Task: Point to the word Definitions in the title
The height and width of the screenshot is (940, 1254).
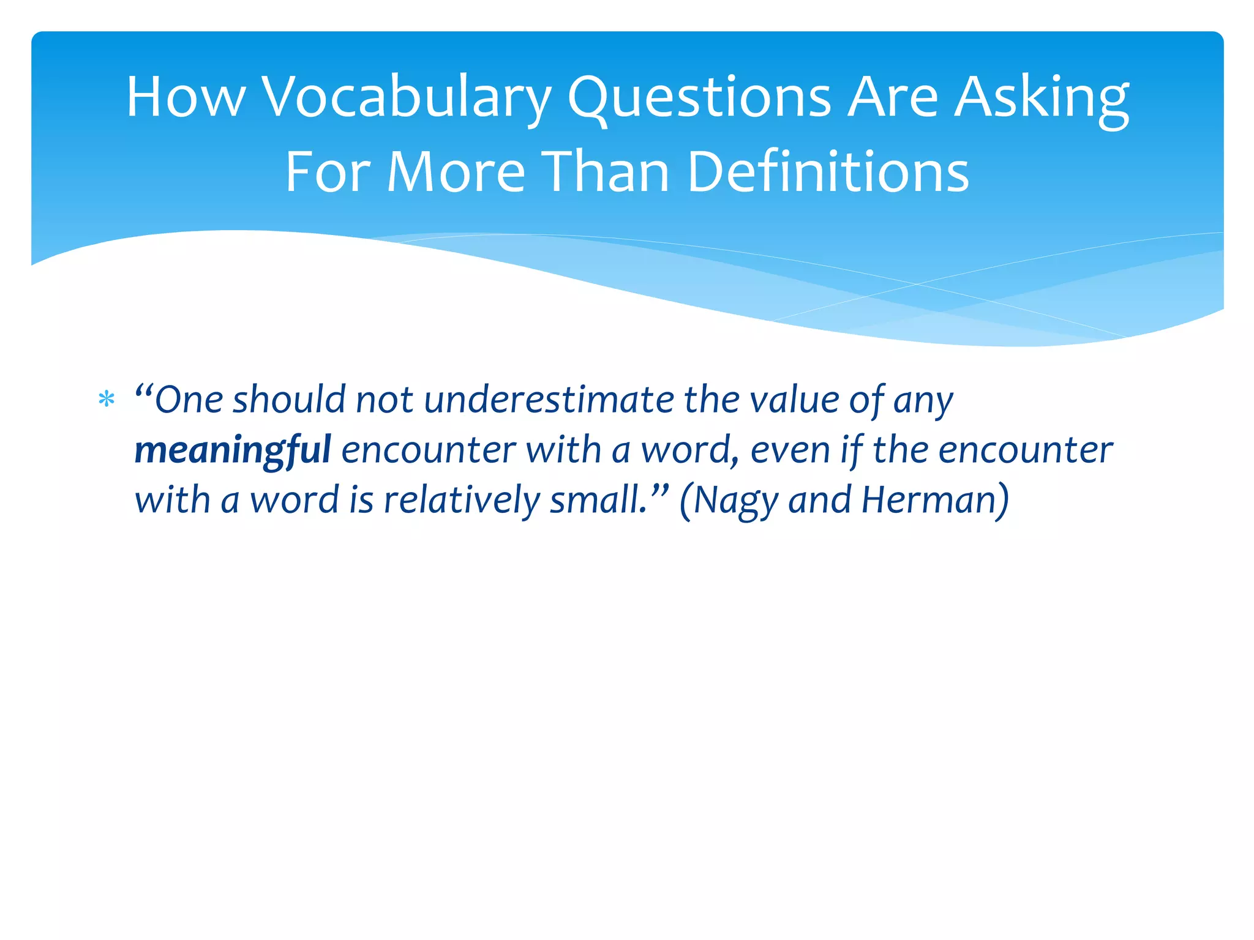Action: coord(828,173)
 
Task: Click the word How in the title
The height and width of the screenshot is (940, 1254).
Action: coord(186,98)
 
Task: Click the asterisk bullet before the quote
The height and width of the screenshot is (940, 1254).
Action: coord(107,400)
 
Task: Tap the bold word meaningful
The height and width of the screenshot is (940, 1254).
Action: coord(233,450)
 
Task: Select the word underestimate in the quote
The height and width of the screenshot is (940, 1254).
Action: coord(549,400)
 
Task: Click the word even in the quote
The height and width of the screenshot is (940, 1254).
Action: coord(790,450)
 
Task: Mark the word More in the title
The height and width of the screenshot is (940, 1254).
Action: coord(456,173)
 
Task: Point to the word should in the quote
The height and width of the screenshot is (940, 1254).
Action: coord(289,400)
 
